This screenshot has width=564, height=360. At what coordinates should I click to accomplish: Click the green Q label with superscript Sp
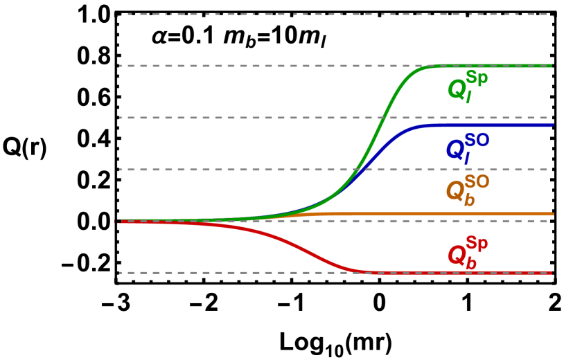(x=467, y=86)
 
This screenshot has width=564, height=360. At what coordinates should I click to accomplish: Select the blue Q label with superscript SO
(x=466, y=147)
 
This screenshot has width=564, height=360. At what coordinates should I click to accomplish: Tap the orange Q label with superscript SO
(x=467, y=189)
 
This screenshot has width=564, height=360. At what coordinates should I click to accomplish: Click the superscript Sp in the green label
(x=477, y=77)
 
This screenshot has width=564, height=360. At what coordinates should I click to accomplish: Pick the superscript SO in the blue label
(x=477, y=139)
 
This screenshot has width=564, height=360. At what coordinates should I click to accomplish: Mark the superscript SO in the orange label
(x=477, y=181)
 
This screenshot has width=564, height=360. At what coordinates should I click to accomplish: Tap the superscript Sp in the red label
(x=477, y=243)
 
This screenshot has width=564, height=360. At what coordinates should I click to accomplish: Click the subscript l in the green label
(x=468, y=98)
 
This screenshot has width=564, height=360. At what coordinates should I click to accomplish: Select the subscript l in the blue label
(x=467, y=159)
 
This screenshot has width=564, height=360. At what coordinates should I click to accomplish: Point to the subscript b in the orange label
(x=469, y=200)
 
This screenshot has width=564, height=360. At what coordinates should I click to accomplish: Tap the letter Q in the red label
(x=457, y=255)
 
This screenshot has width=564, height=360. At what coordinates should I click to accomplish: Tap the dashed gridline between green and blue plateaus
(x=277, y=118)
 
